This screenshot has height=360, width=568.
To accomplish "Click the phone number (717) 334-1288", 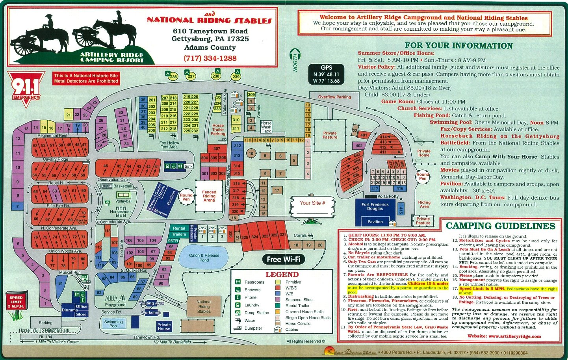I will coord(210,58).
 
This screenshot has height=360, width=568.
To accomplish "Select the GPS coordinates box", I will coord(326,74).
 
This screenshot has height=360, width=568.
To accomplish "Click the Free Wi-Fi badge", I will coord(283,259).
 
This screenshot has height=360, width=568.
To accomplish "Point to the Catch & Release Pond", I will coord(204,258).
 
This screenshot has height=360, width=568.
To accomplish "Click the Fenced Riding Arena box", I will coord(209,196).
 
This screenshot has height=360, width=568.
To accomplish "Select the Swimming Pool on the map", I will coord(113,324).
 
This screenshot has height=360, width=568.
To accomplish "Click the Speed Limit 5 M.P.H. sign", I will coord(16,302).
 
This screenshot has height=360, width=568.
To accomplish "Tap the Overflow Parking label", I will coord(334,97).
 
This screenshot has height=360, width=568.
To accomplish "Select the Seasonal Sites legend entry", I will coord(299,300).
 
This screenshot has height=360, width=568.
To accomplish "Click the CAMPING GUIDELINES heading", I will coord(500,226).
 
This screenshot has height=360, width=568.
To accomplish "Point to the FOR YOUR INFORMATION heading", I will coord(458,46).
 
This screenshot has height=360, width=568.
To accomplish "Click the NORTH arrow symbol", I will coord(295,59).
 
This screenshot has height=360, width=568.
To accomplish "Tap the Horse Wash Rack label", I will coord(266,127).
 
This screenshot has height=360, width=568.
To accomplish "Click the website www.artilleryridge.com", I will coord(504,336).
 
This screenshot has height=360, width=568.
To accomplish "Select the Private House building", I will coord(164,327).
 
